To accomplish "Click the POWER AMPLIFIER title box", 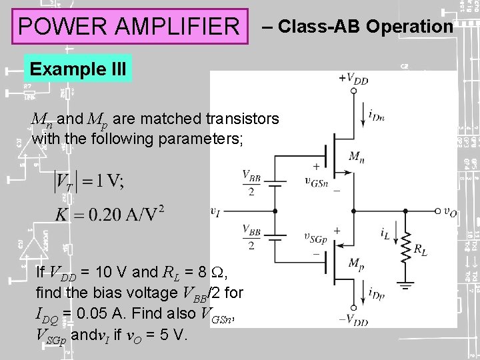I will (x=129, y=27).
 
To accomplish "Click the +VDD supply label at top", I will (x=353, y=79).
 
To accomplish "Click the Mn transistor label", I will (x=356, y=157).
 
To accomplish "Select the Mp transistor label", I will (x=357, y=261).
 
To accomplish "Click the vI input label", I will (x=215, y=211).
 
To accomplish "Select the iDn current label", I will (x=377, y=116).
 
